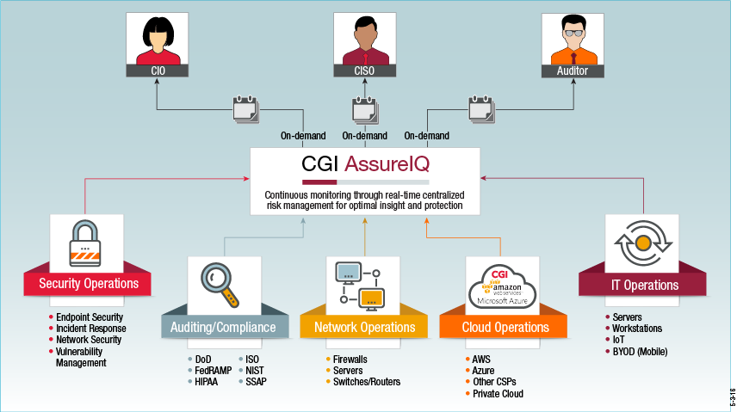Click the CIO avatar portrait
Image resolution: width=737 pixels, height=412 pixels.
[x=158, y=39]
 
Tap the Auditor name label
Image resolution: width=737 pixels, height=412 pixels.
[x=573, y=71]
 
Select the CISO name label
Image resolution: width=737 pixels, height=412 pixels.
[x=365, y=71]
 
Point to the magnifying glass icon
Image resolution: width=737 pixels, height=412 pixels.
[x=220, y=285]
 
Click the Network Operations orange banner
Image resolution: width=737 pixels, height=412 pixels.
[x=364, y=327]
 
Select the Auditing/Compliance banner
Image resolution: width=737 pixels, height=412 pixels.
[x=225, y=327]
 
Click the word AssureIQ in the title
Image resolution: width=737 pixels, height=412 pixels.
[x=387, y=164]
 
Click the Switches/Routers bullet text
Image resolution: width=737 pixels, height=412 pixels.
[x=367, y=382]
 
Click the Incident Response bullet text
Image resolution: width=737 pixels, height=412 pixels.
[x=91, y=329]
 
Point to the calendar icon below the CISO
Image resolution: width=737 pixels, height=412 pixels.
[x=365, y=110]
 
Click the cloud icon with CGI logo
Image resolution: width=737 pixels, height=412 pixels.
[x=503, y=287]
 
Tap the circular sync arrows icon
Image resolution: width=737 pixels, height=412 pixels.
[x=643, y=243]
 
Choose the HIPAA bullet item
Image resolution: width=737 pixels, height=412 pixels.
[x=203, y=382]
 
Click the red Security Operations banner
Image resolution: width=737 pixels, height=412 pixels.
[x=88, y=284]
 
